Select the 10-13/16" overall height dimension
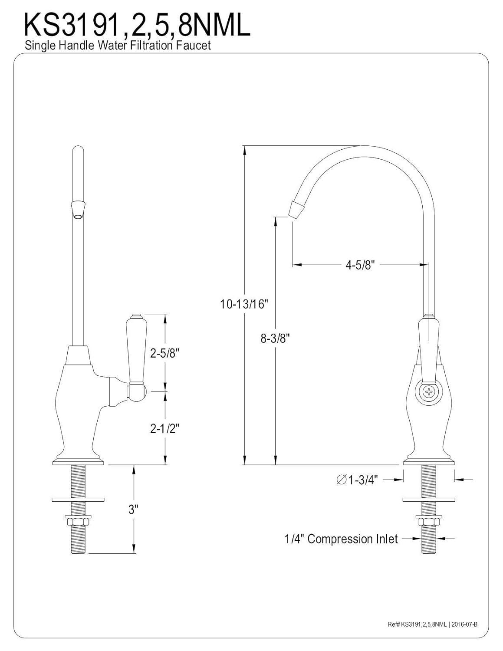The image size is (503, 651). (244, 304)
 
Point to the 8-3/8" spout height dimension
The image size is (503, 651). (275, 338)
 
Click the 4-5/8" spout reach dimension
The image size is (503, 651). (359, 265)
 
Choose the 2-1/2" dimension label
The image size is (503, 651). (164, 428)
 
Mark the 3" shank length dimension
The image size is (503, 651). (133, 509)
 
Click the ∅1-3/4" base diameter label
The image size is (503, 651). (358, 480)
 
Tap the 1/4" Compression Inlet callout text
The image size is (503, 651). (341, 539)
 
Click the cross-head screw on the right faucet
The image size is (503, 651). (428, 392)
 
